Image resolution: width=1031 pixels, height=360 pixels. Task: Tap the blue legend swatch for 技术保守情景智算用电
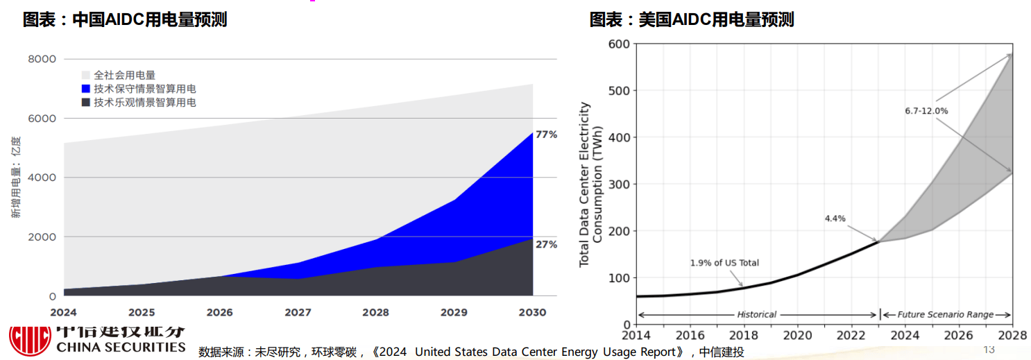tap(86, 89)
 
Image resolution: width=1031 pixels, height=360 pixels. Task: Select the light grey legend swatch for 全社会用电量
tap(86, 75)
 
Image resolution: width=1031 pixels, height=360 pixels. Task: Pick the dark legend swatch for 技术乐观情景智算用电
tap(86, 103)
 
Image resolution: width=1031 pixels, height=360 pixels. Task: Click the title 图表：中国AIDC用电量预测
tap(125, 19)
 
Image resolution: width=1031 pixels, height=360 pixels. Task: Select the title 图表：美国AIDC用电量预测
tap(692, 19)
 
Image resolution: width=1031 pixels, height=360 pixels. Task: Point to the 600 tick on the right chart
tap(619, 44)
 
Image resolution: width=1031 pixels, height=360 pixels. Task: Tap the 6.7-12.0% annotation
tap(926, 111)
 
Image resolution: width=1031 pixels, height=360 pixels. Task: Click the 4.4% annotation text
tap(835, 218)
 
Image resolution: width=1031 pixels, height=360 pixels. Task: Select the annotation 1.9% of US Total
tap(724, 263)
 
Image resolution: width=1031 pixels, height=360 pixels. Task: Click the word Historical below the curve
tap(756, 314)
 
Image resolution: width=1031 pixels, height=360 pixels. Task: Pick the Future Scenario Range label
tap(946, 314)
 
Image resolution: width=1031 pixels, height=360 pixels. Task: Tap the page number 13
tap(989, 348)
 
